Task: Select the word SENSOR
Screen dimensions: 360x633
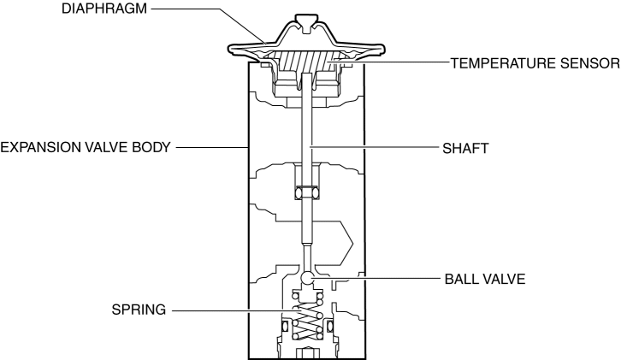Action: [586, 64]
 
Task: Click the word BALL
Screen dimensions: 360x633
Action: [462, 279]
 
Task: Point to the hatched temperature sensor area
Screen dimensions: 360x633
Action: [308, 62]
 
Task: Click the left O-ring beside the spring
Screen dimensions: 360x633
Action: [286, 326]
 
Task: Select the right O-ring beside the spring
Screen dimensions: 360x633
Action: [328, 326]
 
